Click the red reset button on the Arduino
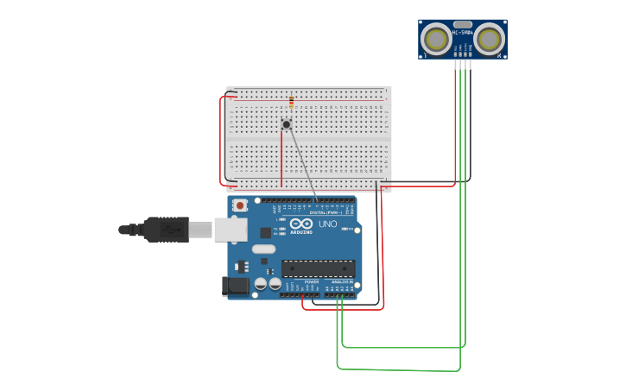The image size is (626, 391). [x=239, y=205]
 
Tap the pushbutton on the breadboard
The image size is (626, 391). [x=287, y=124]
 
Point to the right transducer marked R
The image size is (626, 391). [x=489, y=39]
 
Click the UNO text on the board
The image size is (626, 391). [x=327, y=224]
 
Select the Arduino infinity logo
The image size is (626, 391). [x=301, y=224]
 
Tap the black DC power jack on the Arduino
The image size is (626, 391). [x=235, y=286]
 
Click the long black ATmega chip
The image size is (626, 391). [x=318, y=268]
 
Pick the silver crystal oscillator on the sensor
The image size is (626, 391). [x=463, y=25]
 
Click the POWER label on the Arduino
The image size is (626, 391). [x=312, y=282]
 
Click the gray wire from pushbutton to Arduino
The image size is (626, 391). [x=302, y=164]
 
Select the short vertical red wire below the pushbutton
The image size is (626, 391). [x=281, y=160]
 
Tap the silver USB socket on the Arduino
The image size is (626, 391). [x=230, y=230]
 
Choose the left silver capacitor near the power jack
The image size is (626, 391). [x=260, y=283]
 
